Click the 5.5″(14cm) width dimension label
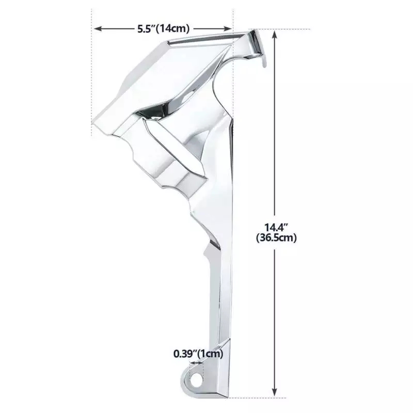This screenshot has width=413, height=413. pos(163,28)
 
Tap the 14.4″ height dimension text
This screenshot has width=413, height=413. pos(276,227)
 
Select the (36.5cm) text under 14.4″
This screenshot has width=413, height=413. pos(276,237)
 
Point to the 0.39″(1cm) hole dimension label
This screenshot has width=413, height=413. pos(198,354)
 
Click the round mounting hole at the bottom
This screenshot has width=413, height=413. pos(196,379)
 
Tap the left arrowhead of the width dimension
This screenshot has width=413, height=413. pos(98,28)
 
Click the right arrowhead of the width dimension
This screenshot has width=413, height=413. pos(228,28)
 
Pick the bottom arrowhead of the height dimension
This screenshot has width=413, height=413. pos(275,392)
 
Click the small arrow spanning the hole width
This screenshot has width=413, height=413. pos(196,363)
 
